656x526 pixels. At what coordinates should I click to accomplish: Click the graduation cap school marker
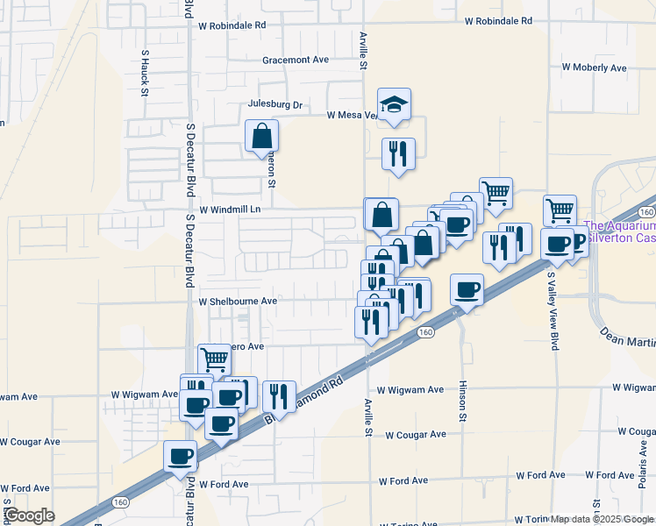pos(395,105)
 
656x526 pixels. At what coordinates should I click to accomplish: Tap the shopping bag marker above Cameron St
pos(262,137)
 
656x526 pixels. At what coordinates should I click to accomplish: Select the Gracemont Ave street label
pos(295,60)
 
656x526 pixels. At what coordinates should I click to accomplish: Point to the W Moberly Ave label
pos(594,68)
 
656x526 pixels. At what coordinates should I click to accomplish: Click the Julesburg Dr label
pos(275,105)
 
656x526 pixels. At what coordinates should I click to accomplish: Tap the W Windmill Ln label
pos(230,210)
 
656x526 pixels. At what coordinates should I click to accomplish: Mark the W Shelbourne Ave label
pos(238,301)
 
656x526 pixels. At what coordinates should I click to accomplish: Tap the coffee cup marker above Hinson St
pos(467,289)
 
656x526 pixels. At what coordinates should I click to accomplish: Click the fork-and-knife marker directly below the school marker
pos(398,154)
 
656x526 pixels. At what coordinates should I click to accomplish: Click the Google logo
pos(28,515)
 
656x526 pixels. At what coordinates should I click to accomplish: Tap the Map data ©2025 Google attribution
pos(601,519)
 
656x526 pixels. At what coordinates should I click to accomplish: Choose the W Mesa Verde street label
pos(352,115)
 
